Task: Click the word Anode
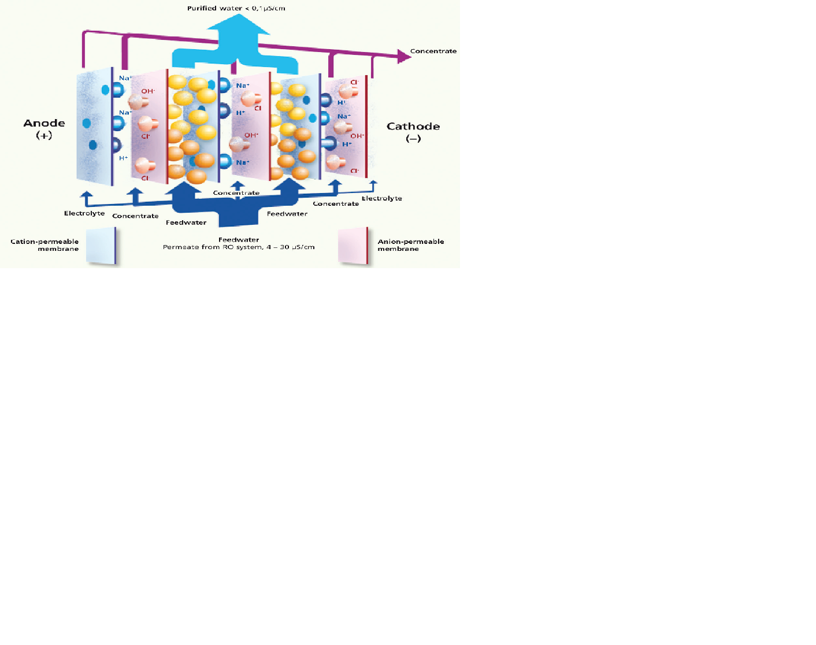(44, 123)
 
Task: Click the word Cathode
(413, 127)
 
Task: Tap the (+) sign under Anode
(44, 136)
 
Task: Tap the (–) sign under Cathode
(413, 139)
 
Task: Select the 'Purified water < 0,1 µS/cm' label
(236, 8)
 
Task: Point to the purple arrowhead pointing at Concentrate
(404, 56)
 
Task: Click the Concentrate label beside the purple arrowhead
(433, 51)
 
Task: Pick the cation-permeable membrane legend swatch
(101, 246)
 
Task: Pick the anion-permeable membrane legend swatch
(353, 246)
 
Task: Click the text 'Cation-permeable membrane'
(45, 245)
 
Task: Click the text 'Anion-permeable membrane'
(410, 245)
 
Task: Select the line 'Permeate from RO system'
(239, 247)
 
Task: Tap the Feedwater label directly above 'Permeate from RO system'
(239, 239)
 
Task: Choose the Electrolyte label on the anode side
(84, 213)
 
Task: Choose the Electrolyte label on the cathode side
(381, 198)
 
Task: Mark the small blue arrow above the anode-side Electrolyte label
(86, 196)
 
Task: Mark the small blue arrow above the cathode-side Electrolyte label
(373, 185)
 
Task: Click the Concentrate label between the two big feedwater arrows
(236, 193)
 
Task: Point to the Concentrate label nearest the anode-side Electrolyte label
(135, 216)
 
